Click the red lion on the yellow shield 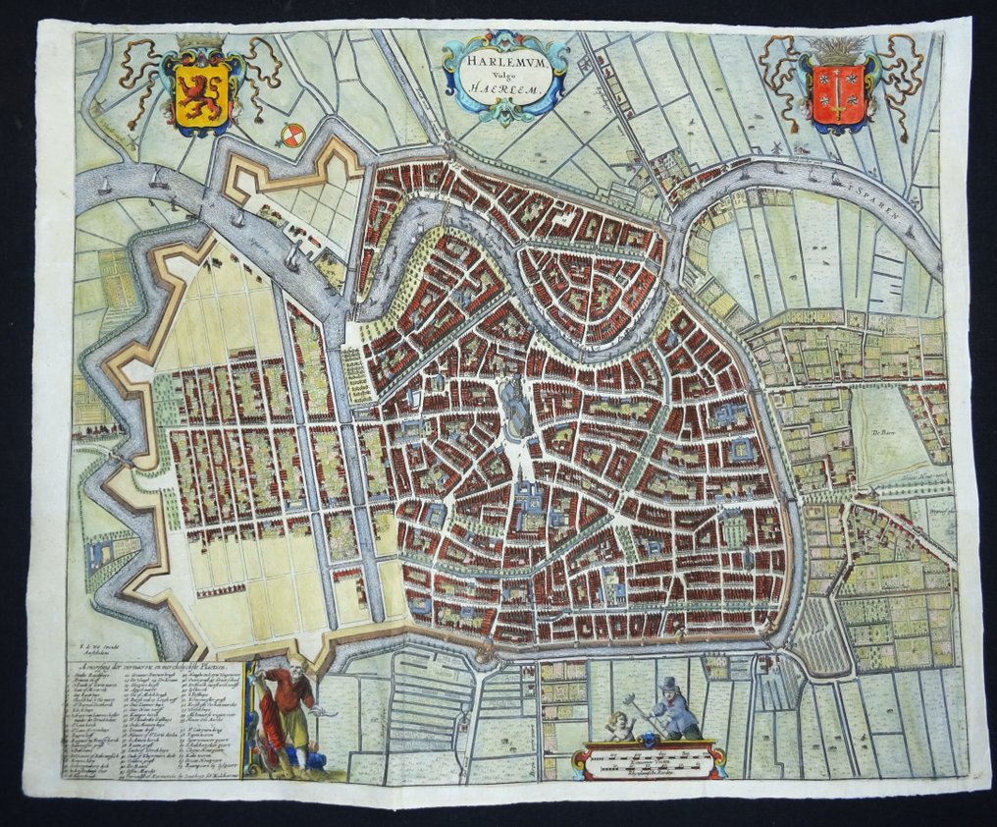click(201, 93)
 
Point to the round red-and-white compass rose click(291, 137)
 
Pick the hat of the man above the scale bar click(669, 683)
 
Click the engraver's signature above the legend click(98, 649)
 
